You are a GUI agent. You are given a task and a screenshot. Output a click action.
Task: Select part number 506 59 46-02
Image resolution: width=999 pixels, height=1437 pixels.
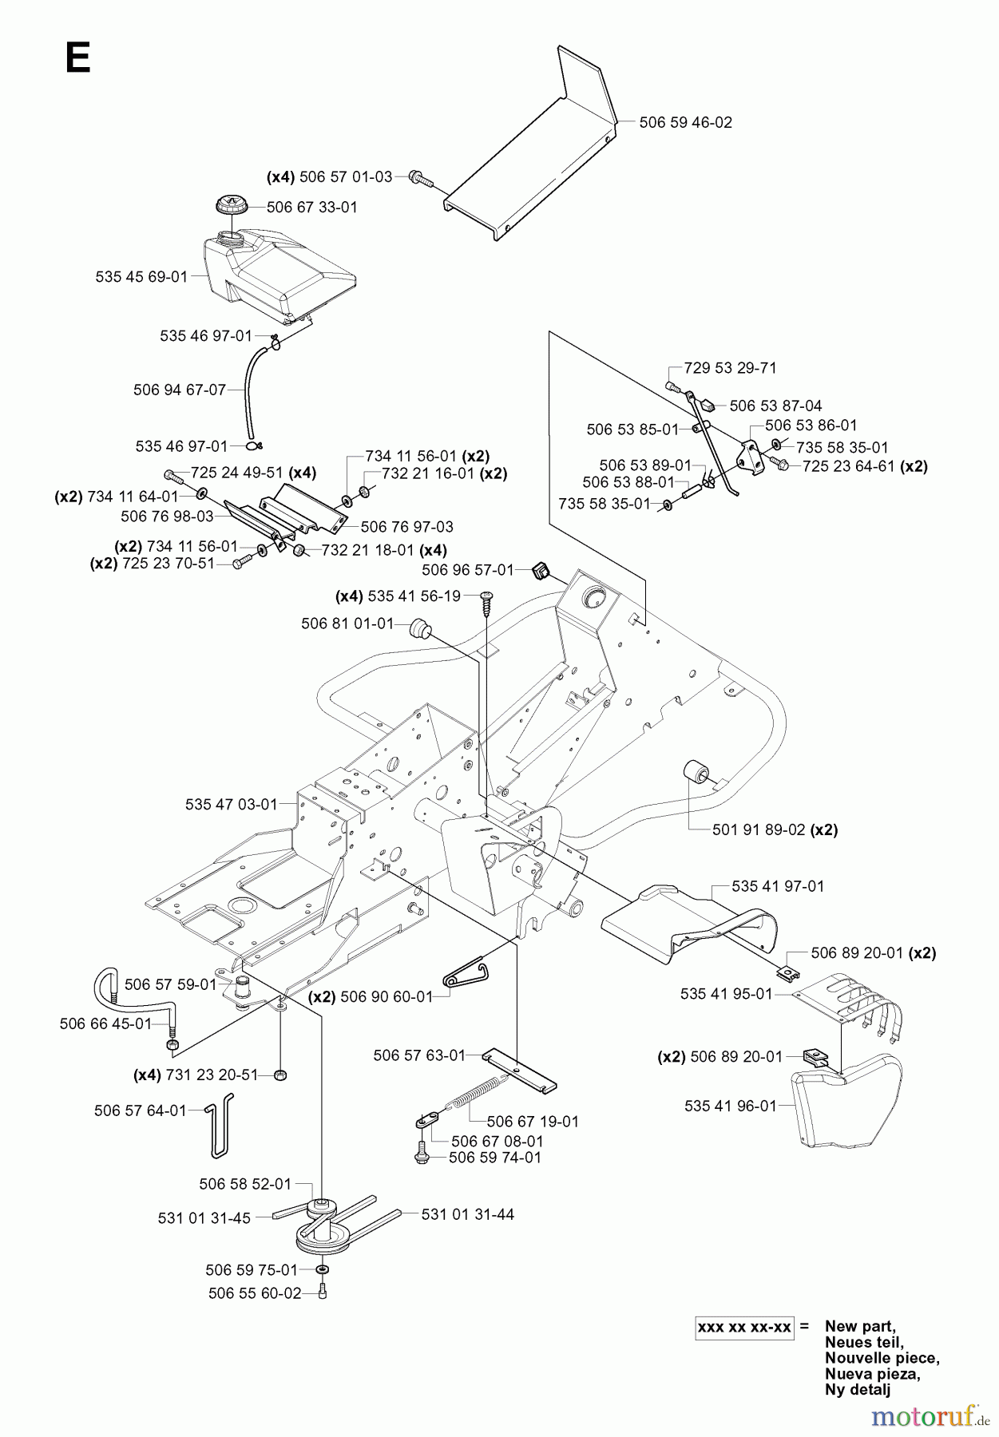686,122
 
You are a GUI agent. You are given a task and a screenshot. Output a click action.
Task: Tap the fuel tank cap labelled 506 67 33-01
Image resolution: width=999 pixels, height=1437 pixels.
232,206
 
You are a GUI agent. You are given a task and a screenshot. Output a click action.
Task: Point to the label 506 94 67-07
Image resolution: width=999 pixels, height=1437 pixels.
180,390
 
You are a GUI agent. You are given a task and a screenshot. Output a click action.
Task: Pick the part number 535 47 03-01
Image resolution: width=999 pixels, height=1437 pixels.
232,804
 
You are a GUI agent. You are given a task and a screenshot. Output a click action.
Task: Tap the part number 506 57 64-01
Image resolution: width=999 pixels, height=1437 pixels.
140,1110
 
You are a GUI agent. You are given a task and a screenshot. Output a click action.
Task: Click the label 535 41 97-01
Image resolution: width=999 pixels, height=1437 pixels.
778,885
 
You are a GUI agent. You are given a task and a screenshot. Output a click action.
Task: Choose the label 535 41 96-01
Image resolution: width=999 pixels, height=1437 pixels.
730,1106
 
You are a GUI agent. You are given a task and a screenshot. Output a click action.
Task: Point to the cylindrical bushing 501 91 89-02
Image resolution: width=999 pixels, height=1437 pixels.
696,772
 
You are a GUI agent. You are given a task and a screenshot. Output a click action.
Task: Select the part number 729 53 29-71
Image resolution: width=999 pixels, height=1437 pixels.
730,368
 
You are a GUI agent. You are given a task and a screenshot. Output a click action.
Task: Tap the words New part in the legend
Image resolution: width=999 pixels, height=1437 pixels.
859,1326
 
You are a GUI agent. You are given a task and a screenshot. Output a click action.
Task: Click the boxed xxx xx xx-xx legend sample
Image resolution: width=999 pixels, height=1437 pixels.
744,1327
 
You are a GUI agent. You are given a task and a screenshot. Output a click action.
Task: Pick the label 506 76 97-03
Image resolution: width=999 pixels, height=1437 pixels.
406,526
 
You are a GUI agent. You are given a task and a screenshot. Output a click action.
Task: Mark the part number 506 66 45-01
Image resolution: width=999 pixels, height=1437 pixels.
105,1023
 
